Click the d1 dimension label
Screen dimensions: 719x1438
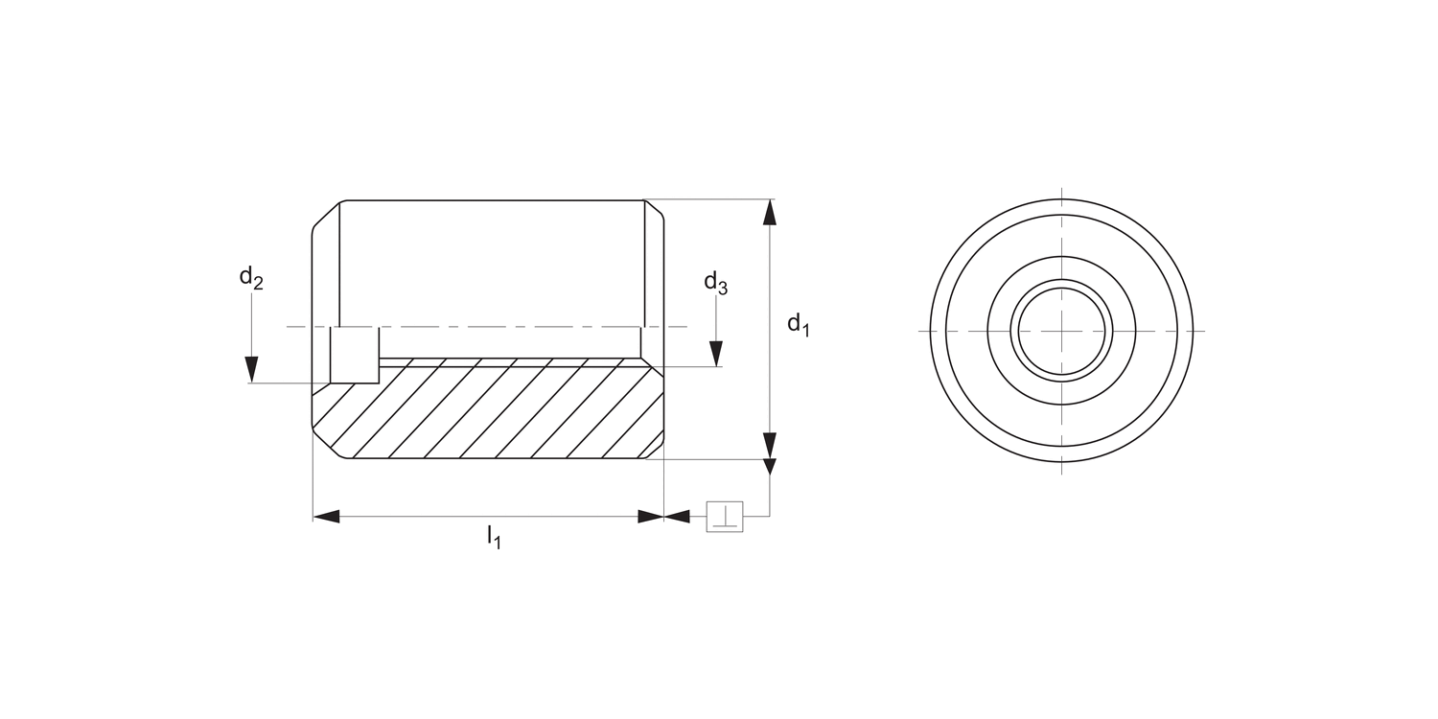[799, 325]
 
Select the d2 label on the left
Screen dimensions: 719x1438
[250, 278]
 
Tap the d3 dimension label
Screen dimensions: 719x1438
[715, 282]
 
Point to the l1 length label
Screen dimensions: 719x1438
[493, 537]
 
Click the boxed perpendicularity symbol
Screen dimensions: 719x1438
[725, 517]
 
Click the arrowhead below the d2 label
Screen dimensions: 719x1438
[251, 369]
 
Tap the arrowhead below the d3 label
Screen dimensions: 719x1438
[716, 353]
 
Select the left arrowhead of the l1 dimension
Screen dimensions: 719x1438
[327, 517]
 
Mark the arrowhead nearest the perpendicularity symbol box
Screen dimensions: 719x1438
[678, 517]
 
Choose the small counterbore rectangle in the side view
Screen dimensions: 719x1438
[355, 356]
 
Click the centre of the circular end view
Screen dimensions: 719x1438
[1062, 331]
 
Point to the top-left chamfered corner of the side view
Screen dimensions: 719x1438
[327, 215]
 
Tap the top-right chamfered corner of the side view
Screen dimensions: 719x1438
[653, 213]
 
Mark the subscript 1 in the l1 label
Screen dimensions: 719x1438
[497, 543]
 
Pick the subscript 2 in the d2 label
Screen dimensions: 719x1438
[258, 284]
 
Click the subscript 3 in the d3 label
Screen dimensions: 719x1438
[723, 288]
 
